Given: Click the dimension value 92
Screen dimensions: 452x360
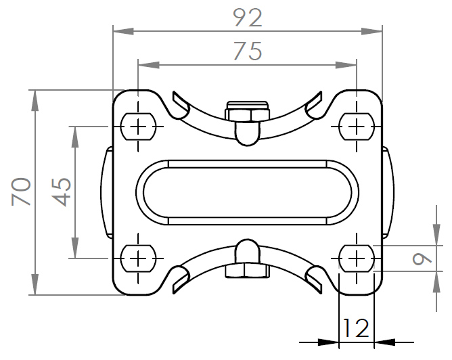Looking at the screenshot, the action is tap(248, 18).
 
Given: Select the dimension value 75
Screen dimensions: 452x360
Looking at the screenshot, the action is tap(248, 51).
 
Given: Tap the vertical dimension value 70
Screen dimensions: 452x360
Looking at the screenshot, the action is tap(22, 192).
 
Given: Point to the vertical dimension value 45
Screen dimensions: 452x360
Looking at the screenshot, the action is tap(62, 192).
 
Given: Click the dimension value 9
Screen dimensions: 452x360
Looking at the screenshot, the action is tap(422, 258).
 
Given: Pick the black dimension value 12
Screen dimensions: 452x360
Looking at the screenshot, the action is tap(356, 328).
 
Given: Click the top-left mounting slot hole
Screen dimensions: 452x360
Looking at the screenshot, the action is tap(138, 127).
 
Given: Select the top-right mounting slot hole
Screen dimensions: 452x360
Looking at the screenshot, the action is tap(357, 127).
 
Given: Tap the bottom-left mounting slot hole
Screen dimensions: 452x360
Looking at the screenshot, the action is tap(138, 258).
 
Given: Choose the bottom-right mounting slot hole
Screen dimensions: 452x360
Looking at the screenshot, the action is tap(357, 258).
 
